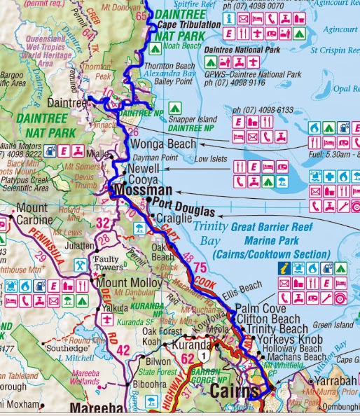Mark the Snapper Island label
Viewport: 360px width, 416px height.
190,118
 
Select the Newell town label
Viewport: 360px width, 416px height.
145,169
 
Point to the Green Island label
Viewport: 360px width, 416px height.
335,325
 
